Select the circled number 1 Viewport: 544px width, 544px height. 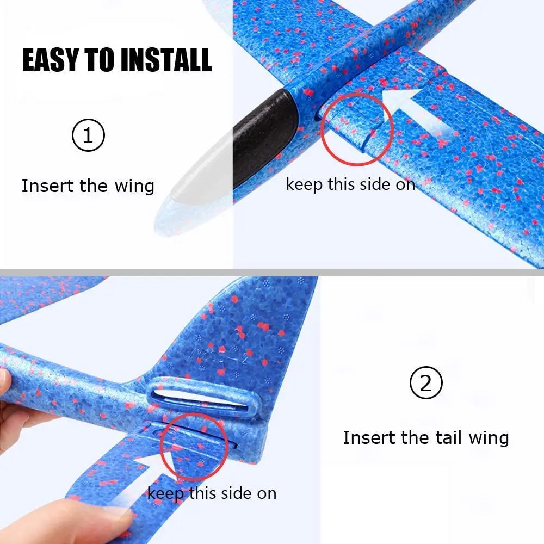88,136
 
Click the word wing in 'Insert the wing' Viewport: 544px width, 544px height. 134,186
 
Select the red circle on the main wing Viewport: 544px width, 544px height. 357,129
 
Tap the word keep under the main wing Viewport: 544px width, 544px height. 305,184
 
